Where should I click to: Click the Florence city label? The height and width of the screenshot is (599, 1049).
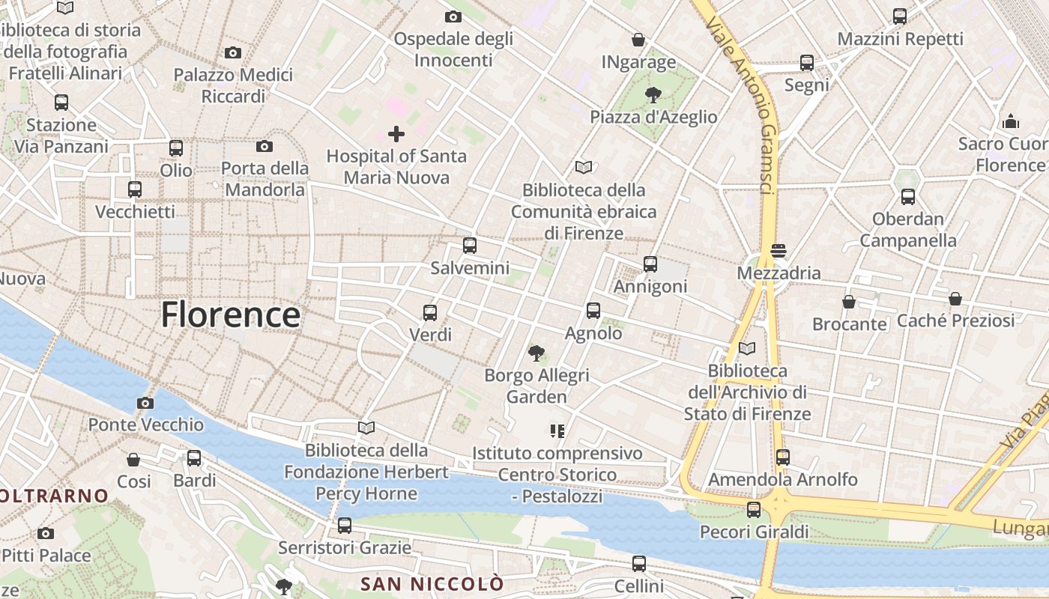pos(231,314)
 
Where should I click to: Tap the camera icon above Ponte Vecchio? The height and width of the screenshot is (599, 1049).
pos(145,403)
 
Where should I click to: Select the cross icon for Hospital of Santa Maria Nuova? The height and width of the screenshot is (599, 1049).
pos(396,134)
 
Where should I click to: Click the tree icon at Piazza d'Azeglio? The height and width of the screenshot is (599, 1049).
pos(653,94)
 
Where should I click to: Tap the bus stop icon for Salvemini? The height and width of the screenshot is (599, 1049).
pos(470,245)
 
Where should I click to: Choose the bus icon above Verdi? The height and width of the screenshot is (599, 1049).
pos(430,312)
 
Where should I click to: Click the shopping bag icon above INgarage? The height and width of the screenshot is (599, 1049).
pos(638,39)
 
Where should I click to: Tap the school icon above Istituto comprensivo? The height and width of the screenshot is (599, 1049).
pos(557,431)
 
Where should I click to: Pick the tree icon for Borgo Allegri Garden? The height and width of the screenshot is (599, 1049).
pos(536,352)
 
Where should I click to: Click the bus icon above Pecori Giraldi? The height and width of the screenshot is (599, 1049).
pos(754,509)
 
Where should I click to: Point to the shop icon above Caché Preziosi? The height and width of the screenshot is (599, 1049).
pos(955,299)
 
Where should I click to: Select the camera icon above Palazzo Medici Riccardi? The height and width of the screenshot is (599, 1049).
pos(233,52)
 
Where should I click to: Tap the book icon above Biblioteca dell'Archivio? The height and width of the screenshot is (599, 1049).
pos(747,348)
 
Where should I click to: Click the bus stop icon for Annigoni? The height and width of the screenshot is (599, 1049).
pos(650,264)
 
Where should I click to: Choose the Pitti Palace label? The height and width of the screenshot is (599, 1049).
pos(46,556)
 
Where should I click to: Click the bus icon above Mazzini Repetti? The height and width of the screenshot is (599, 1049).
pos(900,16)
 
